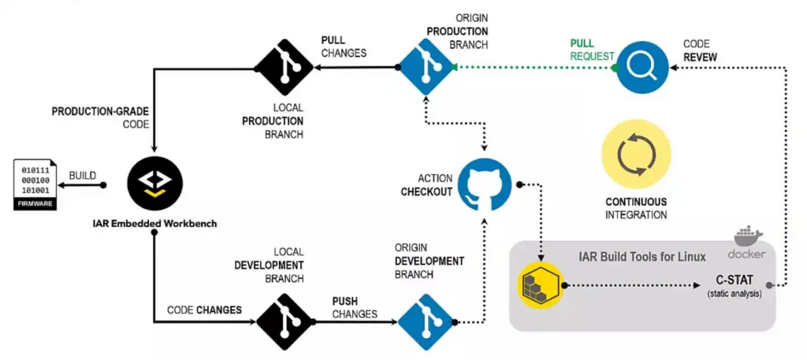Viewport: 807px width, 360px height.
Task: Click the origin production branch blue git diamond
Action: point(426,69)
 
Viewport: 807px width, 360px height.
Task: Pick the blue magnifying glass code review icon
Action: point(642,68)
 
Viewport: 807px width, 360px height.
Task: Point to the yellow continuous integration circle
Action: point(636,155)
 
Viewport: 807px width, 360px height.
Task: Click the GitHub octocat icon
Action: point(485,184)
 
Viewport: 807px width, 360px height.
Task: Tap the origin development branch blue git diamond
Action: point(426,321)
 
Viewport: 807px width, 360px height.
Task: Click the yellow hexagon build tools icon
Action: point(540,287)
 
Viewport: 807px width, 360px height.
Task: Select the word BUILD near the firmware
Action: point(83,175)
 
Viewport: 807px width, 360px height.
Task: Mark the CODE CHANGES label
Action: point(204,310)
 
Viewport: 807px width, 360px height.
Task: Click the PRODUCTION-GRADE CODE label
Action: point(100,118)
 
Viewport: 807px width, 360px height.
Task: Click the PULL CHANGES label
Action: point(344,46)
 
